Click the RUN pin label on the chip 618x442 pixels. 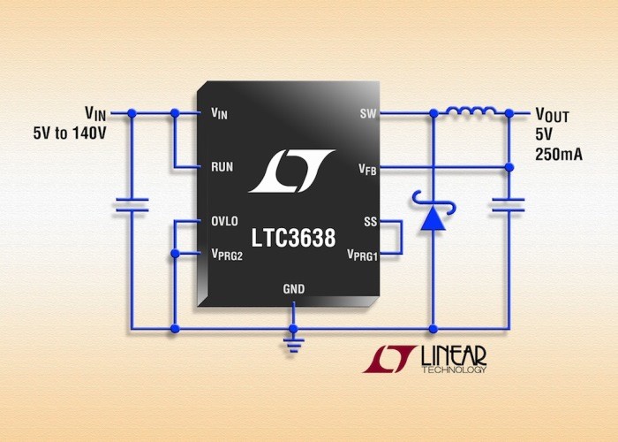tap(222, 167)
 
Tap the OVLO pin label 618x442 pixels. tap(224, 221)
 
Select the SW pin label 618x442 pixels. tap(368, 114)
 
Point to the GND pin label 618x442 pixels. tap(294, 289)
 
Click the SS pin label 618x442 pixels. tap(371, 222)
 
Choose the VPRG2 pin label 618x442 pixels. tap(227, 255)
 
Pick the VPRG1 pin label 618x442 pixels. tap(362, 255)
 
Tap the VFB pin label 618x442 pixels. tap(367, 170)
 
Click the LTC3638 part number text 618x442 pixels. tap(294, 238)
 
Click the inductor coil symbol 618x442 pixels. tap(471, 110)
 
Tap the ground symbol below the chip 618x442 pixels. tap(293, 345)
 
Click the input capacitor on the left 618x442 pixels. tap(132, 205)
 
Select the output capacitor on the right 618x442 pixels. tap(509, 205)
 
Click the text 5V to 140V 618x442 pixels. tap(70, 133)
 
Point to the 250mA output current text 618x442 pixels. tap(559, 155)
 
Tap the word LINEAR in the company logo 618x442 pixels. tap(454, 356)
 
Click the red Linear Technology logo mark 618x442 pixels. tap(389, 359)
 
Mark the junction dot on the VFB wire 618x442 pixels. tap(509, 167)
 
